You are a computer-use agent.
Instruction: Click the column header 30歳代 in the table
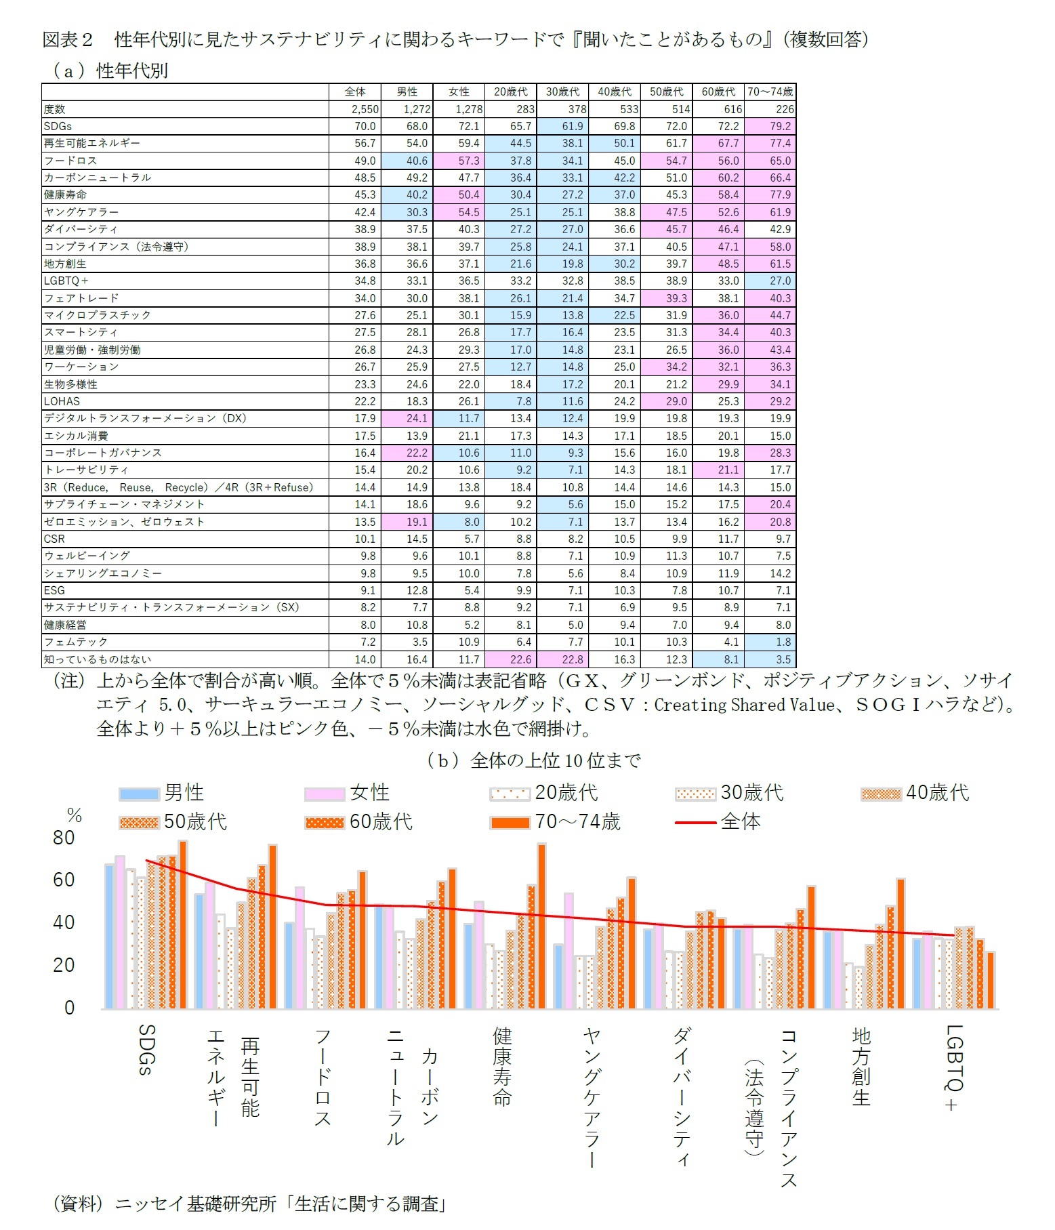(x=562, y=91)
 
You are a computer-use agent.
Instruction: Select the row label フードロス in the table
(x=70, y=161)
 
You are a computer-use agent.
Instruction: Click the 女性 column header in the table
(x=459, y=91)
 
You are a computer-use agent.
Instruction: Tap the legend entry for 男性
(x=163, y=793)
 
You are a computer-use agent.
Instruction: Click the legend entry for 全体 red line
(x=718, y=822)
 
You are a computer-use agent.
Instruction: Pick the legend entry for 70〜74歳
(x=556, y=822)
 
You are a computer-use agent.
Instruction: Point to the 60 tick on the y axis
(x=64, y=880)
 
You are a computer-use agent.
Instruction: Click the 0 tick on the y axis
(x=69, y=1008)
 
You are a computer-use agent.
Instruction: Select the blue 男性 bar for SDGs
(x=109, y=937)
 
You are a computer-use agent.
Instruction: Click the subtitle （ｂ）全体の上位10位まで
(x=533, y=761)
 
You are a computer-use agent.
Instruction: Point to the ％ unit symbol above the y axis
(x=74, y=815)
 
